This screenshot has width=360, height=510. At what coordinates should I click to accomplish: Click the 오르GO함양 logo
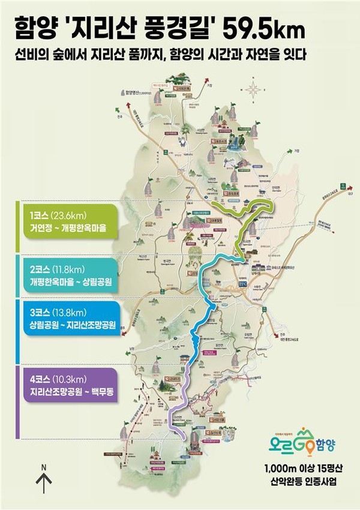click(x=298, y=445)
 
